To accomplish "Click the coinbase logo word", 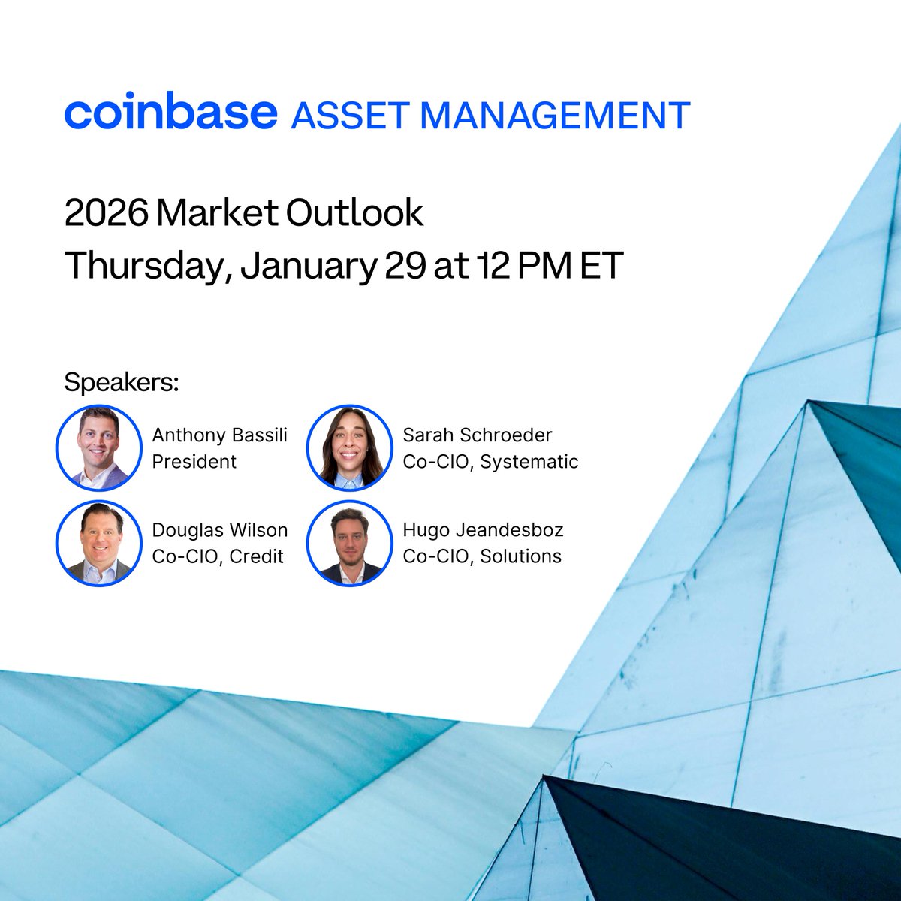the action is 171,111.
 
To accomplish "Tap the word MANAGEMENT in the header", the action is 556,115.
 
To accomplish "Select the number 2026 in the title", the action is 106,213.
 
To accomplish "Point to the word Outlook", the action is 354,212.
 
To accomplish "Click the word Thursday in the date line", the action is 149,266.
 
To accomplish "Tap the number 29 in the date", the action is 406,265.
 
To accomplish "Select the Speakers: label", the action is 122,382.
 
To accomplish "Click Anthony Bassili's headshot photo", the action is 98,448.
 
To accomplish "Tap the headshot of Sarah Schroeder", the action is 349,448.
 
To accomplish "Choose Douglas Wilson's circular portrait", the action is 98,543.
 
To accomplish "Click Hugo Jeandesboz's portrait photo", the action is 349,543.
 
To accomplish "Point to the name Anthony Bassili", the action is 220,435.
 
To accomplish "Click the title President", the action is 194,462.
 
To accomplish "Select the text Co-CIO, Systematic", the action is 490,462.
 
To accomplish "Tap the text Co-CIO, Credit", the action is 218,556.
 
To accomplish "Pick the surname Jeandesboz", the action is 510,530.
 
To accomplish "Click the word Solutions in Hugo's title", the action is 521,556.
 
